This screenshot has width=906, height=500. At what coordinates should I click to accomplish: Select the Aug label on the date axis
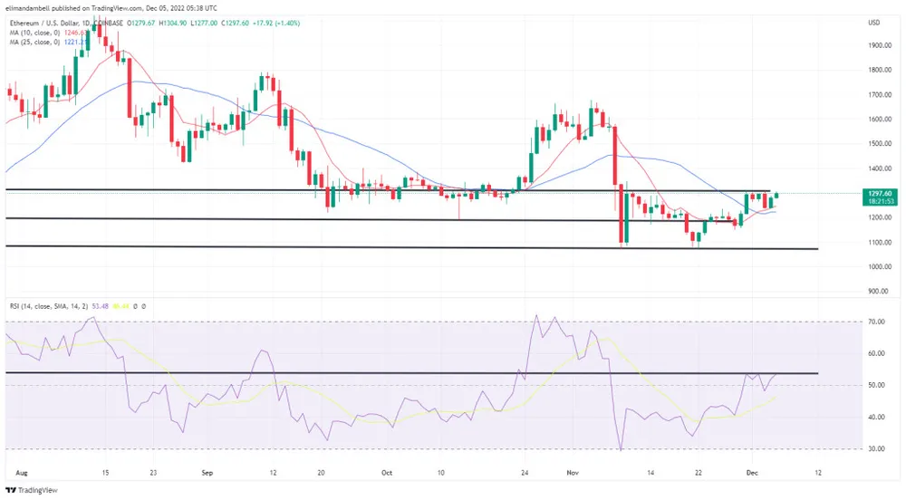[22, 472]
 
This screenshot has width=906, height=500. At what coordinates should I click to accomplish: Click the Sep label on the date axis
[207, 472]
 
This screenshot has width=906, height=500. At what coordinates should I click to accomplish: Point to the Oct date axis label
[387, 472]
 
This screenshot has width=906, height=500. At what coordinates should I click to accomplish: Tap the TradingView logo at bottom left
[35, 489]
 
